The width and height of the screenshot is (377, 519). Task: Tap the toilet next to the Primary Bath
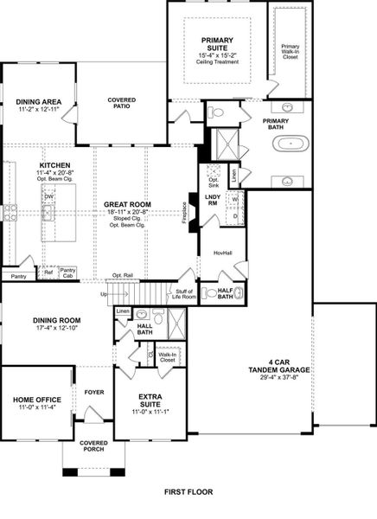217,112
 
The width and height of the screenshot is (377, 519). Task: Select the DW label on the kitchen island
48,196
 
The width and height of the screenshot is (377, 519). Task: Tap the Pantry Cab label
69,272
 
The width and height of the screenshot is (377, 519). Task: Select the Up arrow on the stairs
105,294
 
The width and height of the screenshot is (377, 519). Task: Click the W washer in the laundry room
235,199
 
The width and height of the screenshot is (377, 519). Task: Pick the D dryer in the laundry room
235,216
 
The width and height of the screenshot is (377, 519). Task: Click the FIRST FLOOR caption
188,491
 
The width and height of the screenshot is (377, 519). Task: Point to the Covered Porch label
93,446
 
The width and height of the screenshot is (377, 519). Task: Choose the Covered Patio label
121,104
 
